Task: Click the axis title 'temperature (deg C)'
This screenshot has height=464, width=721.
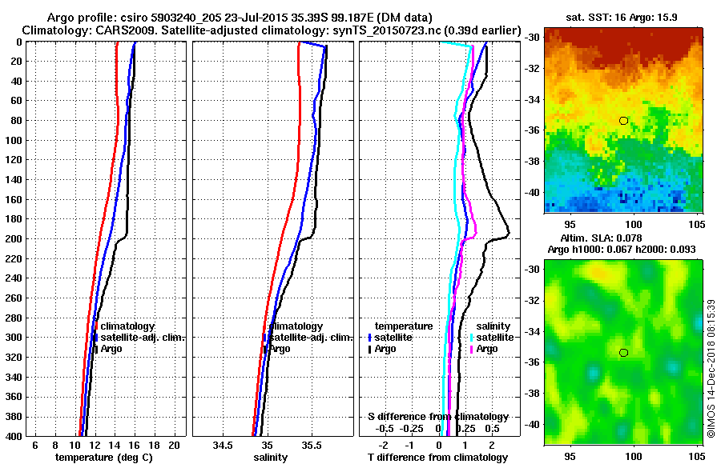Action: coord(103,458)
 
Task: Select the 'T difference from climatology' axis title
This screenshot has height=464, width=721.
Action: coord(438,458)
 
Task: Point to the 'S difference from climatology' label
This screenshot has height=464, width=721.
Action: coord(438,417)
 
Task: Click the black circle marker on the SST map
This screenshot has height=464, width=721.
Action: coord(623,120)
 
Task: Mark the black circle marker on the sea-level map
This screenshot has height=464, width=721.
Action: coord(623,352)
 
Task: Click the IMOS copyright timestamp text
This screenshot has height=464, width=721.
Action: coord(711,368)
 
